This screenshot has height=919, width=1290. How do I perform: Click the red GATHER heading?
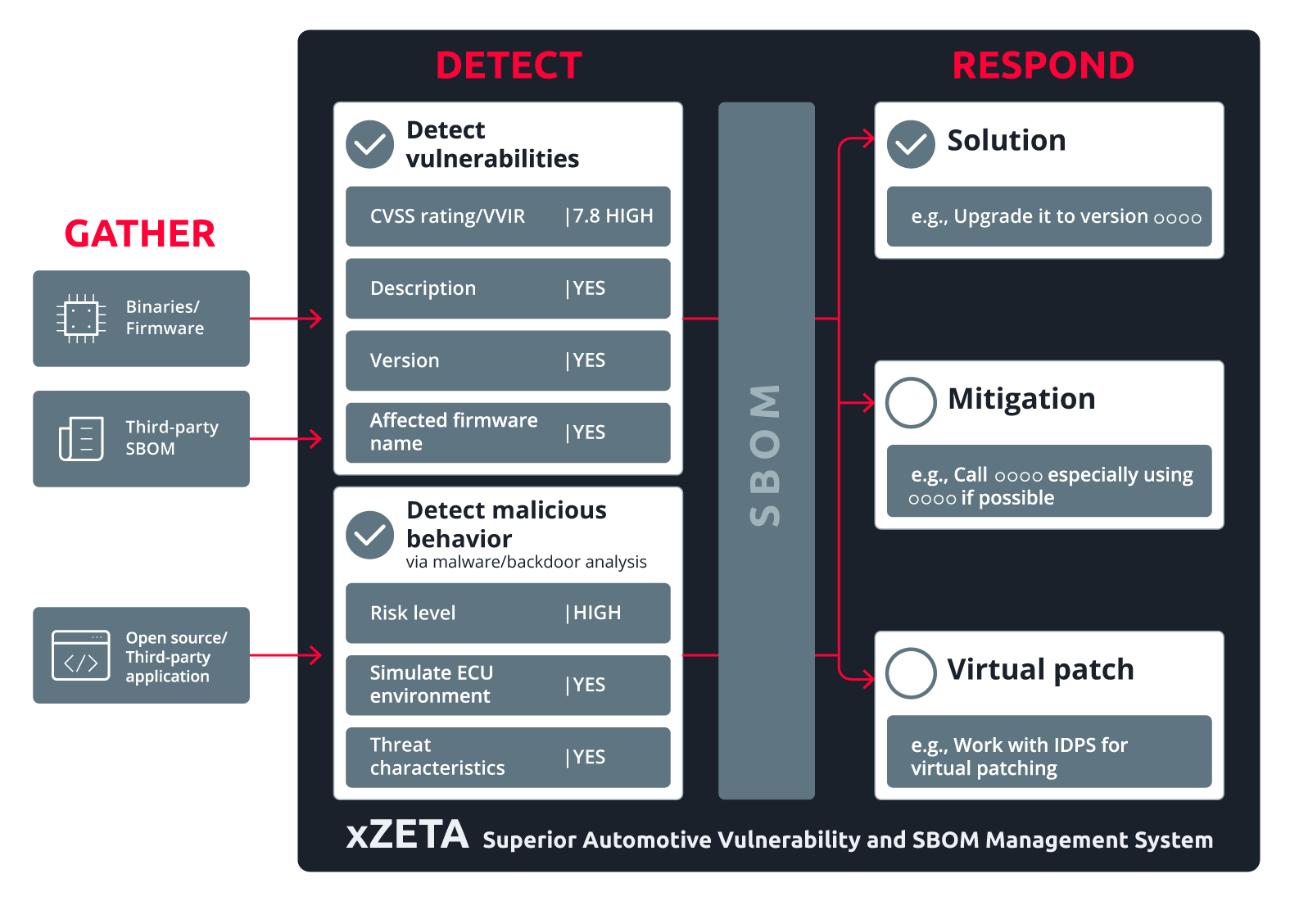click(140, 234)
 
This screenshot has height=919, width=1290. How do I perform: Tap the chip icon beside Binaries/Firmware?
click(80, 318)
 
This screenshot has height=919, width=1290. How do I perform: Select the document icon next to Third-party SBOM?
click(81, 438)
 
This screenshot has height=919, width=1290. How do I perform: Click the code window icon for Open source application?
click(80, 655)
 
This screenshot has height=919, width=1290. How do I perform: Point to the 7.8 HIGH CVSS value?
click(612, 216)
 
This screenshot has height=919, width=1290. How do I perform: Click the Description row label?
click(423, 288)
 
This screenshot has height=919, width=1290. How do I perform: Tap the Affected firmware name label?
click(453, 432)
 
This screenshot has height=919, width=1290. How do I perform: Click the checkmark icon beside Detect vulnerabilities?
click(370, 144)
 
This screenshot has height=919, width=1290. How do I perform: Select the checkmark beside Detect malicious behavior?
click(370, 535)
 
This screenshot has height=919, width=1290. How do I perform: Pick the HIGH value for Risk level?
click(596, 613)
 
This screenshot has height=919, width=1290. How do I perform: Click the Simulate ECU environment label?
click(431, 684)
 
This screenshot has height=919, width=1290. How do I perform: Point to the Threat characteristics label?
click(437, 756)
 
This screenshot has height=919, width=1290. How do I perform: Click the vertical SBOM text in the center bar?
click(766, 455)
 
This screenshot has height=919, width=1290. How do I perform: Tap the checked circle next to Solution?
click(911, 144)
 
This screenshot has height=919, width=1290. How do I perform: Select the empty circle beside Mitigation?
click(911, 402)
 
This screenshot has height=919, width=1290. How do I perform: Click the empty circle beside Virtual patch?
click(911, 672)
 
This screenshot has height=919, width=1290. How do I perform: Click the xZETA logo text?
click(407, 835)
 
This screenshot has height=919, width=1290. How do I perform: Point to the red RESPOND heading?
click(1043, 66)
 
